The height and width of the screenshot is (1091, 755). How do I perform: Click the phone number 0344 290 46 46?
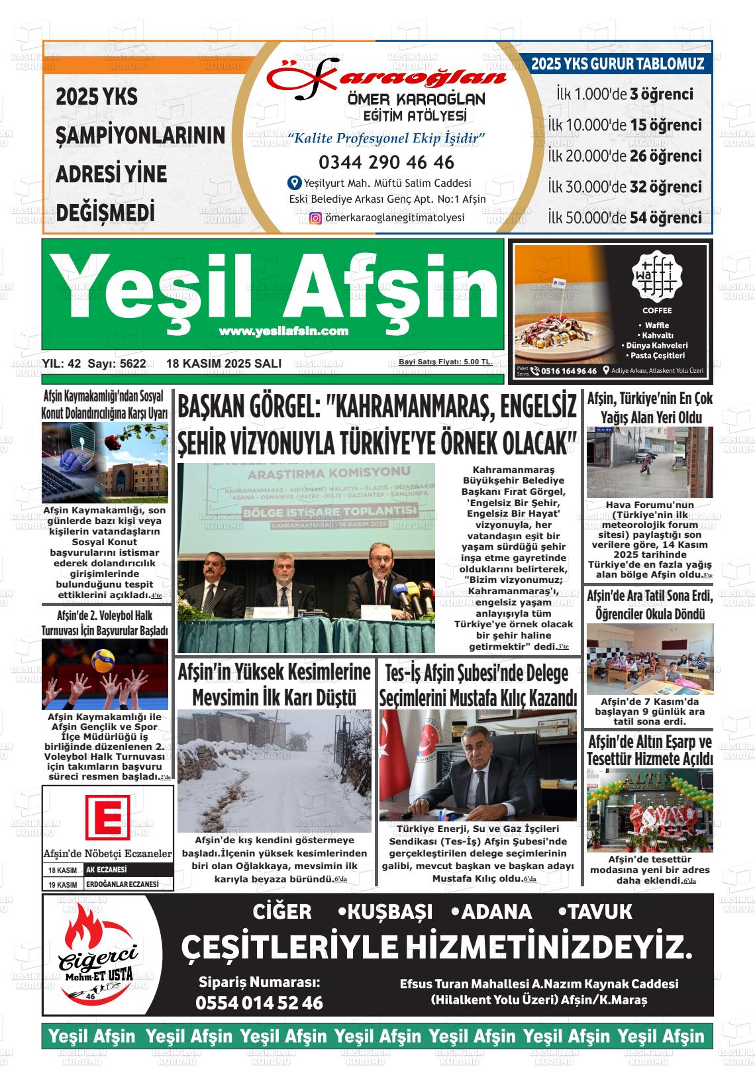click(x=386, y=162)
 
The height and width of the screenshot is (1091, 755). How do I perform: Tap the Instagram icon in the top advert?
click(x=316, y=218)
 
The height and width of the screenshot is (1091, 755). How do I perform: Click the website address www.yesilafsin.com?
click(x=283, y=331)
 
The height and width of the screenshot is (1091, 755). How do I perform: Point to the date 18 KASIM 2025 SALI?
click(x=224, y=364)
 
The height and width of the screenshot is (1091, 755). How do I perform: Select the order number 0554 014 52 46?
click(x=259, y=1003)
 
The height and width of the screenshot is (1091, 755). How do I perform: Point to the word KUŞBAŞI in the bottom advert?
click(x=385, y=912)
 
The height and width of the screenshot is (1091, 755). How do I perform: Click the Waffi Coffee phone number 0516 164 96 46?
click(x=568, y=371)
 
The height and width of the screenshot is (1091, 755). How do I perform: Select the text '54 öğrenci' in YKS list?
click(x=666, y=218)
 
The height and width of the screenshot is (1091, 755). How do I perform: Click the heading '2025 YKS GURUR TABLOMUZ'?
click(x=617, y=64)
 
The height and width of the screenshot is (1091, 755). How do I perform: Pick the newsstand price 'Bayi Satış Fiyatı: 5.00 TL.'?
click(x=445, y=362)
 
